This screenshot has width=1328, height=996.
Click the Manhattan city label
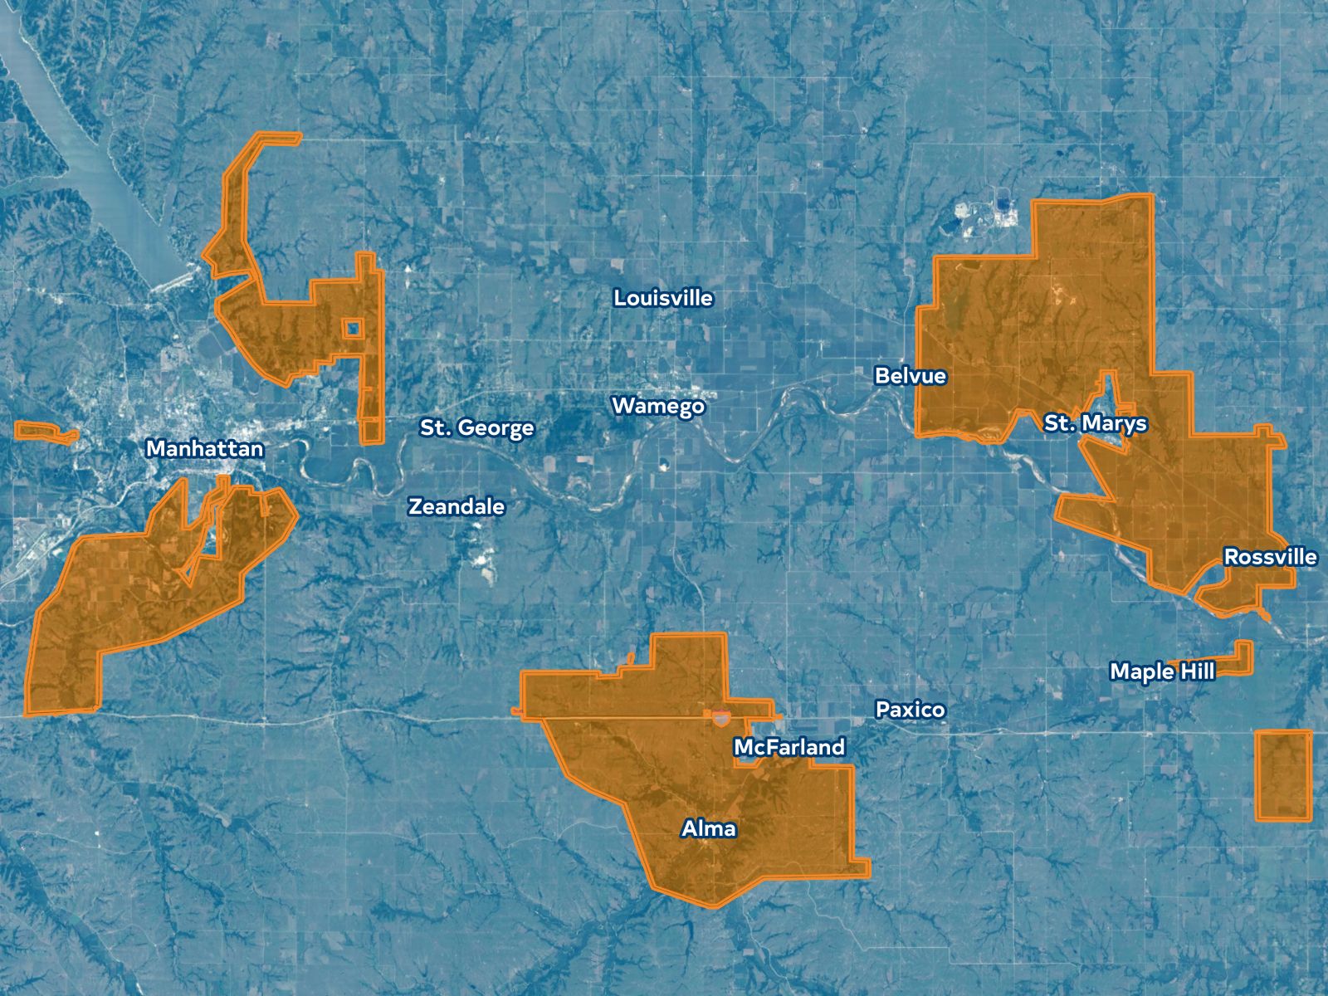[204, 449]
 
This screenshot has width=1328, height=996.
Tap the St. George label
[476, 428]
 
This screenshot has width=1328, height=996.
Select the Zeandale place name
[456, 506]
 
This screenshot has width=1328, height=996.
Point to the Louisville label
[662, 298]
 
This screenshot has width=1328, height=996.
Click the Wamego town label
[658, 406]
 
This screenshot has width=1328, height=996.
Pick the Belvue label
[910, 376]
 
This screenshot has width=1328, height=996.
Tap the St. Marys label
[1095, 423]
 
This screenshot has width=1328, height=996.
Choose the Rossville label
[1270, 557]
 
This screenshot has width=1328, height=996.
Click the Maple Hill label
[1162, 671]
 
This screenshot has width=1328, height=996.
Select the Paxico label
[910, 710]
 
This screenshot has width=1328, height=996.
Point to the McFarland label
[788, 748]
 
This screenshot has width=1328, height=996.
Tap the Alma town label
[708, 828]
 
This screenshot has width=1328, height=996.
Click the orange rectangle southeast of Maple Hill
[1283, 775]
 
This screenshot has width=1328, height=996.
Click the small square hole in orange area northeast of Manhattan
[354, 329]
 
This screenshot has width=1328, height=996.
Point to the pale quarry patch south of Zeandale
[482, 565]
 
